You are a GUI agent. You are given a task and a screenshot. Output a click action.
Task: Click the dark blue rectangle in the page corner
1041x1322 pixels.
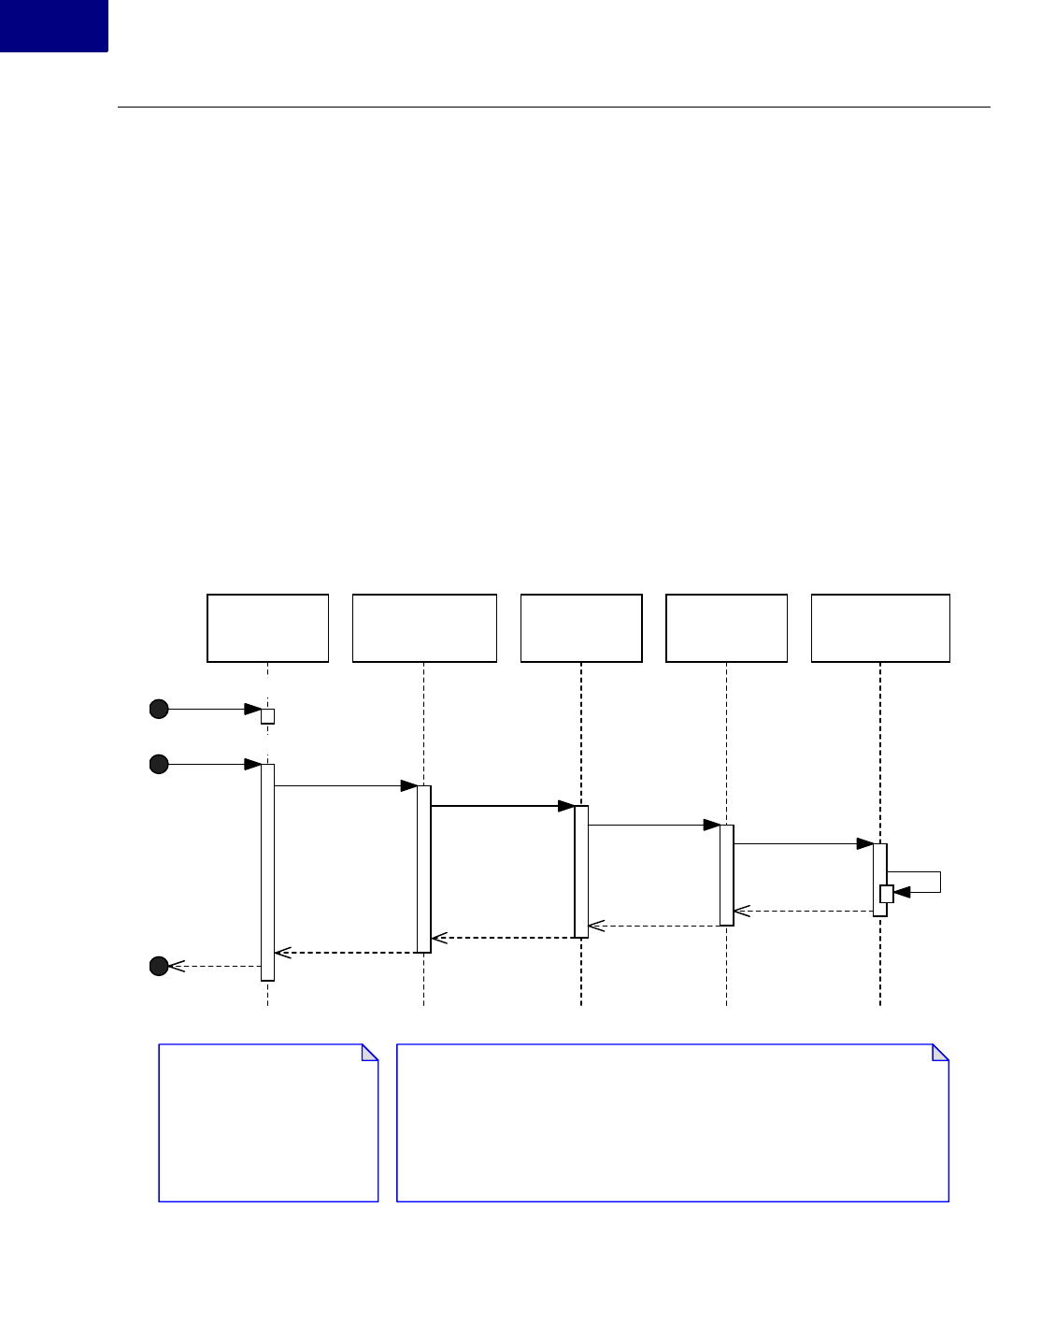click(53, 25)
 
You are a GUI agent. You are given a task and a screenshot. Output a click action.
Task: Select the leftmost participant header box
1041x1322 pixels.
click(267, 628)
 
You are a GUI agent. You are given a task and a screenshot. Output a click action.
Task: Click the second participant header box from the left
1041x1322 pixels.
click(424, 628)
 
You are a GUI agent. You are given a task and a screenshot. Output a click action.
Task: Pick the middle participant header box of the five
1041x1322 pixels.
click(581, 628)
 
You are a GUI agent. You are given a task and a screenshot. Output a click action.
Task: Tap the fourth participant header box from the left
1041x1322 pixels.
click(726, 628)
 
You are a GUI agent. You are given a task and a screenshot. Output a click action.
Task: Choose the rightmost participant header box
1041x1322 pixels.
click(880, 628)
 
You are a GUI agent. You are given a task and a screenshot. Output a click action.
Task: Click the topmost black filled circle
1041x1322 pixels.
click(159, 709)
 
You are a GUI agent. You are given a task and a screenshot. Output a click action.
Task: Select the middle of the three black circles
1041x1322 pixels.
click(159, 765)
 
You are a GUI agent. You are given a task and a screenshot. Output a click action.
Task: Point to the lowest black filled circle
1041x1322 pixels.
click(159, 966)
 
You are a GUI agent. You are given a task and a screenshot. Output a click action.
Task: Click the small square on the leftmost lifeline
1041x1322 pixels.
click(267, 716)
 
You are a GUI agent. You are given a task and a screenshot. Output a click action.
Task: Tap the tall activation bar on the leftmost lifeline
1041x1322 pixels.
click(267, 872)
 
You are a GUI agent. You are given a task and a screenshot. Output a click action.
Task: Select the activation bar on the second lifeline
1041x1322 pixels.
click(424, 869)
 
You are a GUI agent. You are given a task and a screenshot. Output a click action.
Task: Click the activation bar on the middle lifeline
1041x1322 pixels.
click(581, 870)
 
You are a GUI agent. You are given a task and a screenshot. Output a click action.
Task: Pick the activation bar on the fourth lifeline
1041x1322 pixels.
click(726, 875)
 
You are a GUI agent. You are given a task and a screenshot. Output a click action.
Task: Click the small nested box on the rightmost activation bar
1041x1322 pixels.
click(887, 894)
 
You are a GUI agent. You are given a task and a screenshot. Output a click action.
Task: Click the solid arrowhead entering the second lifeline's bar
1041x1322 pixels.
click(409, 786)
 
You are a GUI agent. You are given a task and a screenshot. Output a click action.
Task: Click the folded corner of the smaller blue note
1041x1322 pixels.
click(371, 1052)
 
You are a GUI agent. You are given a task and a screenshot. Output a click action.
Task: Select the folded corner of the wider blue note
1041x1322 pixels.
click(942, 1052)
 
